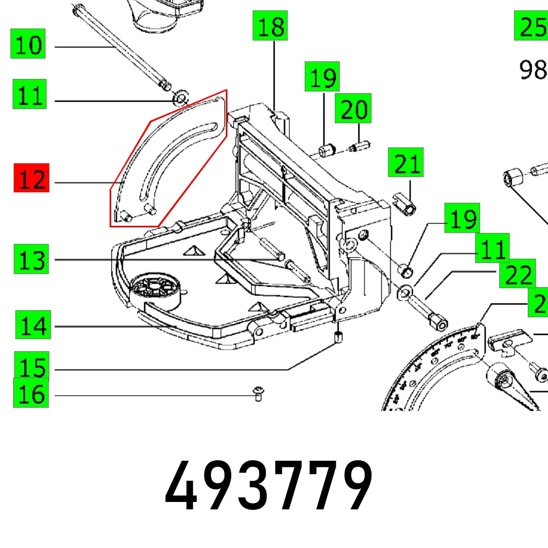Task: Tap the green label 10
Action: coord(28,44)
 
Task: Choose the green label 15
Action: coord(32,366)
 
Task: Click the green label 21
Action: coord(406,163)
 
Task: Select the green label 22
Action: coord(516,275)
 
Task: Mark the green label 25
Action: coord(530,26)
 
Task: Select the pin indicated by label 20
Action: coord(359,147)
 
